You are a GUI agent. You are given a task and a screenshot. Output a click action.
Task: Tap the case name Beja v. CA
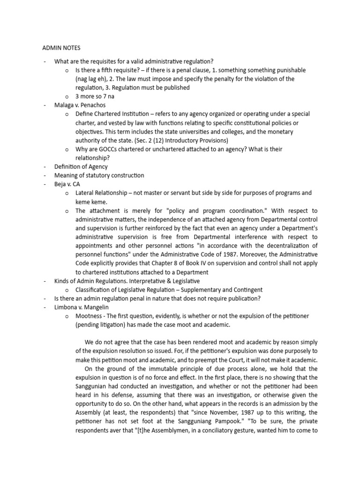coord(67,184)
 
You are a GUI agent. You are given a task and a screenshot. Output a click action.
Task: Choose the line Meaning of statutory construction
coord(99,175)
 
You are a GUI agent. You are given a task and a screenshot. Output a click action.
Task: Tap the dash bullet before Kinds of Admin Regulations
coord(44,281)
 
